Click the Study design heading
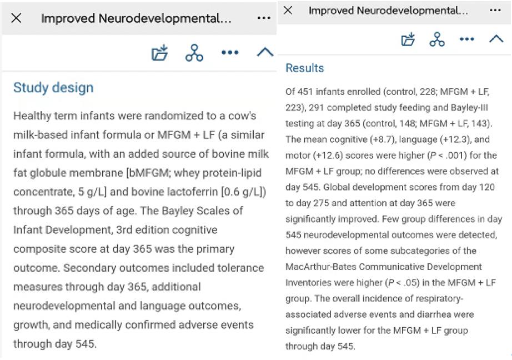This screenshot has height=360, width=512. point(53,88)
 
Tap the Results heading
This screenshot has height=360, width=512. point(304,68)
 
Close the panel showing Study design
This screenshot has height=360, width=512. point(17,18)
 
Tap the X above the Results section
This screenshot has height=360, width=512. point(287,11)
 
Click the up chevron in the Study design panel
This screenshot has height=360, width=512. point(265,53)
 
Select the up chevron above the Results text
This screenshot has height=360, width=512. point(496,39)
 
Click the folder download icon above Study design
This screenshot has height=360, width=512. point(160,53)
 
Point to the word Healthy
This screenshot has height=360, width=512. point(31,117)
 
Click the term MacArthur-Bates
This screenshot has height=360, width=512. point(314,267)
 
